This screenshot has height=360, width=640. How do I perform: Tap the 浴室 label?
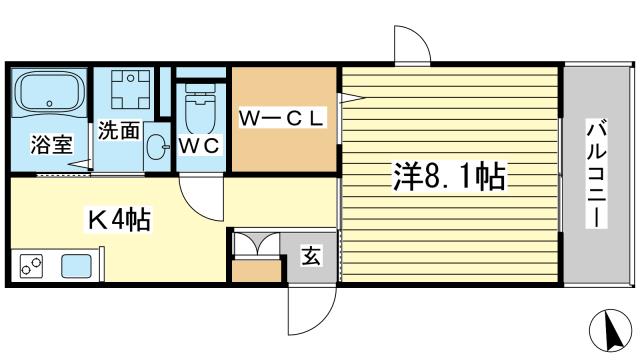pos(52,144)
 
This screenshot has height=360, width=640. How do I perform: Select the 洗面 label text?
pos(119,130)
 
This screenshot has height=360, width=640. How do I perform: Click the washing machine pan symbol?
pos(131,89)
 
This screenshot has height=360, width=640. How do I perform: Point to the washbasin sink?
pos(156,147)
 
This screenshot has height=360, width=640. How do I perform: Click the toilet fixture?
pos(200,108)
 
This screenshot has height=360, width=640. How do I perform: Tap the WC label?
pos(199,146)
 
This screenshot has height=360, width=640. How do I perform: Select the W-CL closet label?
pos(282,118)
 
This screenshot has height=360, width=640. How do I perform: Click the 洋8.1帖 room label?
pos(449,176)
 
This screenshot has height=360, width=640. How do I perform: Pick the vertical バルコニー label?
pos(596,173)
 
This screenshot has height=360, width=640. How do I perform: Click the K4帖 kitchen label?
pos(119,220)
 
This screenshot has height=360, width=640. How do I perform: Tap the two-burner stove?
pos(31,266)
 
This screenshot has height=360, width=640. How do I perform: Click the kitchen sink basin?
pos(76,266)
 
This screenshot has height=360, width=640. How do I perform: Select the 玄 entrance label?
pos(311,255)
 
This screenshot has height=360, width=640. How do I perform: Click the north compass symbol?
pos(611,330)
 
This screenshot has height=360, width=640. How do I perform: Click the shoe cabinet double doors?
pos(256,244)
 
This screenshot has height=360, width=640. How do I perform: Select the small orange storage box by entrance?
pos(257,270)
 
